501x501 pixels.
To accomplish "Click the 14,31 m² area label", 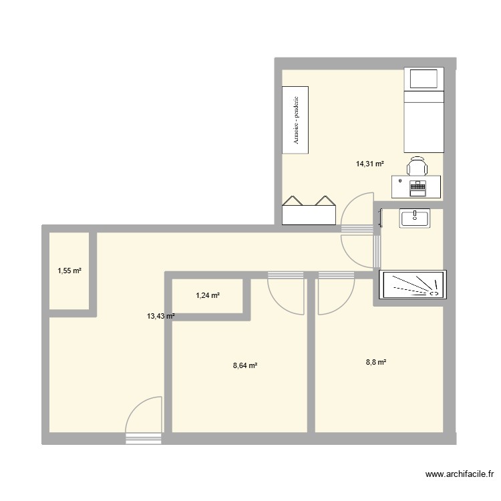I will (370, 163).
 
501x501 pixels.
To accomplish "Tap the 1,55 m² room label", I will (69, 271).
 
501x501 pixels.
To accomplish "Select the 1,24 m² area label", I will (208, 295).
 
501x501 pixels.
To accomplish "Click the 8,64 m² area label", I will (245, 365).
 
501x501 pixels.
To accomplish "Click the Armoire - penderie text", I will (295, 119).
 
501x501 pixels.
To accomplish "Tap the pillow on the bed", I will (424, 79).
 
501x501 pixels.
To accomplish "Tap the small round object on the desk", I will (400, 180).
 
